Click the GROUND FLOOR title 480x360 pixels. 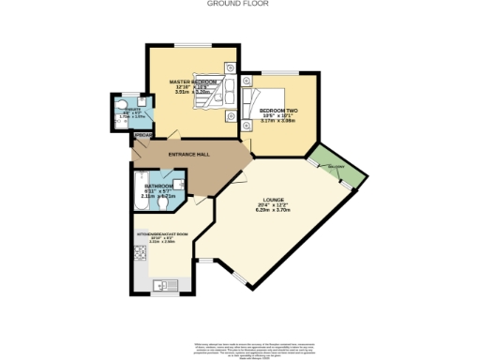tap(239, 4)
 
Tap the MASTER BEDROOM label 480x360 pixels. tap(193, 82)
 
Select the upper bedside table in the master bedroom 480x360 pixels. tap(230, 67)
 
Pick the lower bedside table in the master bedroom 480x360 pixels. tap(230, 115)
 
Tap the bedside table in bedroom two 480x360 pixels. tap(247, 82)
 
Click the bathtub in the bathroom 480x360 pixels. tap(139, 194)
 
